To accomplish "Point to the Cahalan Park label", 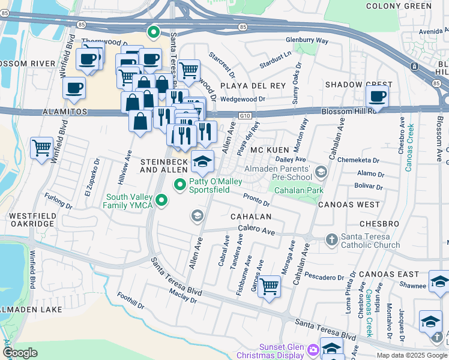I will (x=298, y=190).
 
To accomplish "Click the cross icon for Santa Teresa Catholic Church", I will (x=331, y=240).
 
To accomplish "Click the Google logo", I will (x=20, y=353).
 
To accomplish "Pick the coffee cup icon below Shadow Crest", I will (x=378, y=95).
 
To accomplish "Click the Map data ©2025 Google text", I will (x=412, y=355).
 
